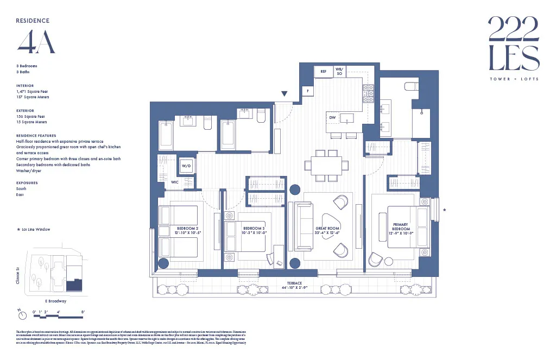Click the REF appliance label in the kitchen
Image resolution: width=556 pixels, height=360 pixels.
(323, 71)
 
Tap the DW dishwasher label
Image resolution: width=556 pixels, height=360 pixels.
(332, 117)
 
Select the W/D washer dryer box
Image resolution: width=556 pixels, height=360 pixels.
(186, 166)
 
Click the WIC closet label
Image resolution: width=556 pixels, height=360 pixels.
(175, 182)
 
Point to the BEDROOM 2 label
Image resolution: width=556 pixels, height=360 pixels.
(188, 230)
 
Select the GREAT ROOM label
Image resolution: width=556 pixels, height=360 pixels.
(327, 231)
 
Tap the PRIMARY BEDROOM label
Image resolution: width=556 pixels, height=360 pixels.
(400, 226)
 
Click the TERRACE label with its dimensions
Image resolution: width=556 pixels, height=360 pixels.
(295, 286)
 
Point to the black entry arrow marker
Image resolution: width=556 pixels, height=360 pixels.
(284, 94)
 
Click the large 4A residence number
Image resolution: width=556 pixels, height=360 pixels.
(36, 42)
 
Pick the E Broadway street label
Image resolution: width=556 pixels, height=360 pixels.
(55, 301)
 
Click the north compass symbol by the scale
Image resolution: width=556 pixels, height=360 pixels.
(20, 314)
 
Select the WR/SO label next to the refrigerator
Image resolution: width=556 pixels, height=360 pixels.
(339, 71)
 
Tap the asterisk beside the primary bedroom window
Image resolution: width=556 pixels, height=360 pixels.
(445, 210)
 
